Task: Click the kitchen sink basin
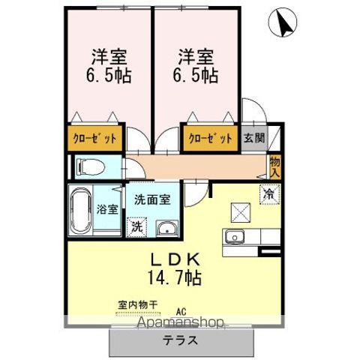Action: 235,238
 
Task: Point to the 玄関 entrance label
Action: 254,138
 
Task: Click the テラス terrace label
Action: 182,338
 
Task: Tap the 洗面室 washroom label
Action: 152,200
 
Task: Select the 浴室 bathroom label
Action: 107,209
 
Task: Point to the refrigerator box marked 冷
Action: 268,193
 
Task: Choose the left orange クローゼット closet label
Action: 94,138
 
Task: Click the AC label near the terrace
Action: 181,310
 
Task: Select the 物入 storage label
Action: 275,166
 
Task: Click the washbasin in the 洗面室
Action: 165,227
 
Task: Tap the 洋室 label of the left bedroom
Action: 107,57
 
